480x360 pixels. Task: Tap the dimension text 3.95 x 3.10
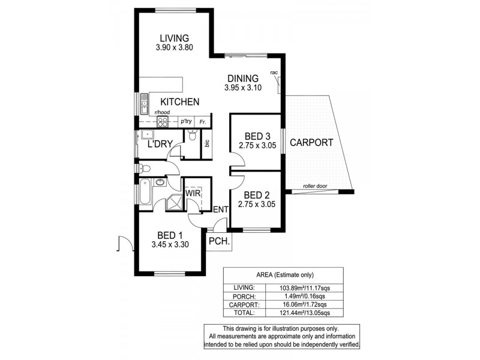pos(242,88)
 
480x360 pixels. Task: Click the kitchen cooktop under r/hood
pos(162,121)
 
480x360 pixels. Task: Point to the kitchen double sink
pos(144,106)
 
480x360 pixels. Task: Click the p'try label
pos(186,121)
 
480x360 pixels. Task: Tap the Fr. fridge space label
pos(203,121)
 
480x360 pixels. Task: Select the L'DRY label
pos(160,144)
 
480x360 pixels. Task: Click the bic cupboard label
pos(207,144)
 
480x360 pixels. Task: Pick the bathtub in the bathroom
pos(145,193)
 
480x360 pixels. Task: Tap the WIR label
pos(193,194)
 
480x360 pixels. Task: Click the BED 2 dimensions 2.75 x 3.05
pos(256,205)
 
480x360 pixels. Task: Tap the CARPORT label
pos(311,143)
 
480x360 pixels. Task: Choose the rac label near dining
pos(274,73)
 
